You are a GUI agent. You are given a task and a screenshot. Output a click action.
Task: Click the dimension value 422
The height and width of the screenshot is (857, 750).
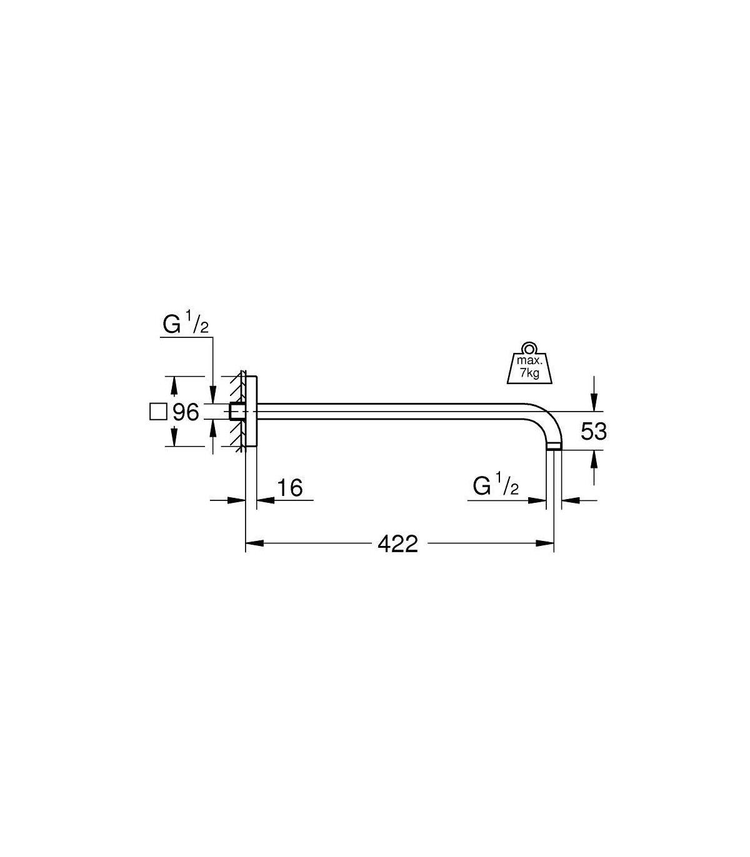pos(397,544)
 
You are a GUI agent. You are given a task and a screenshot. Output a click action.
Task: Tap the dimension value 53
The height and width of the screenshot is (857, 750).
pos(593,431)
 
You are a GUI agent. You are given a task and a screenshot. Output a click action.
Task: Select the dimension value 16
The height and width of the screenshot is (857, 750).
pos(289,488)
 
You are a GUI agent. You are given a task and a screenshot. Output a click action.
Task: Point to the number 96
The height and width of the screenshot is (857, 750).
pos(186,412)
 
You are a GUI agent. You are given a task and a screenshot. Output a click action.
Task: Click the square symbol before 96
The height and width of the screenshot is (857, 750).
pos(158,412)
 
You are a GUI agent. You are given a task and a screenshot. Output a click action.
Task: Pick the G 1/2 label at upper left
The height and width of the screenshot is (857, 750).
pos(186,325)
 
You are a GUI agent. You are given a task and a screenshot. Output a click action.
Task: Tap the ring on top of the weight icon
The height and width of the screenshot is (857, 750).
pos(529,348)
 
